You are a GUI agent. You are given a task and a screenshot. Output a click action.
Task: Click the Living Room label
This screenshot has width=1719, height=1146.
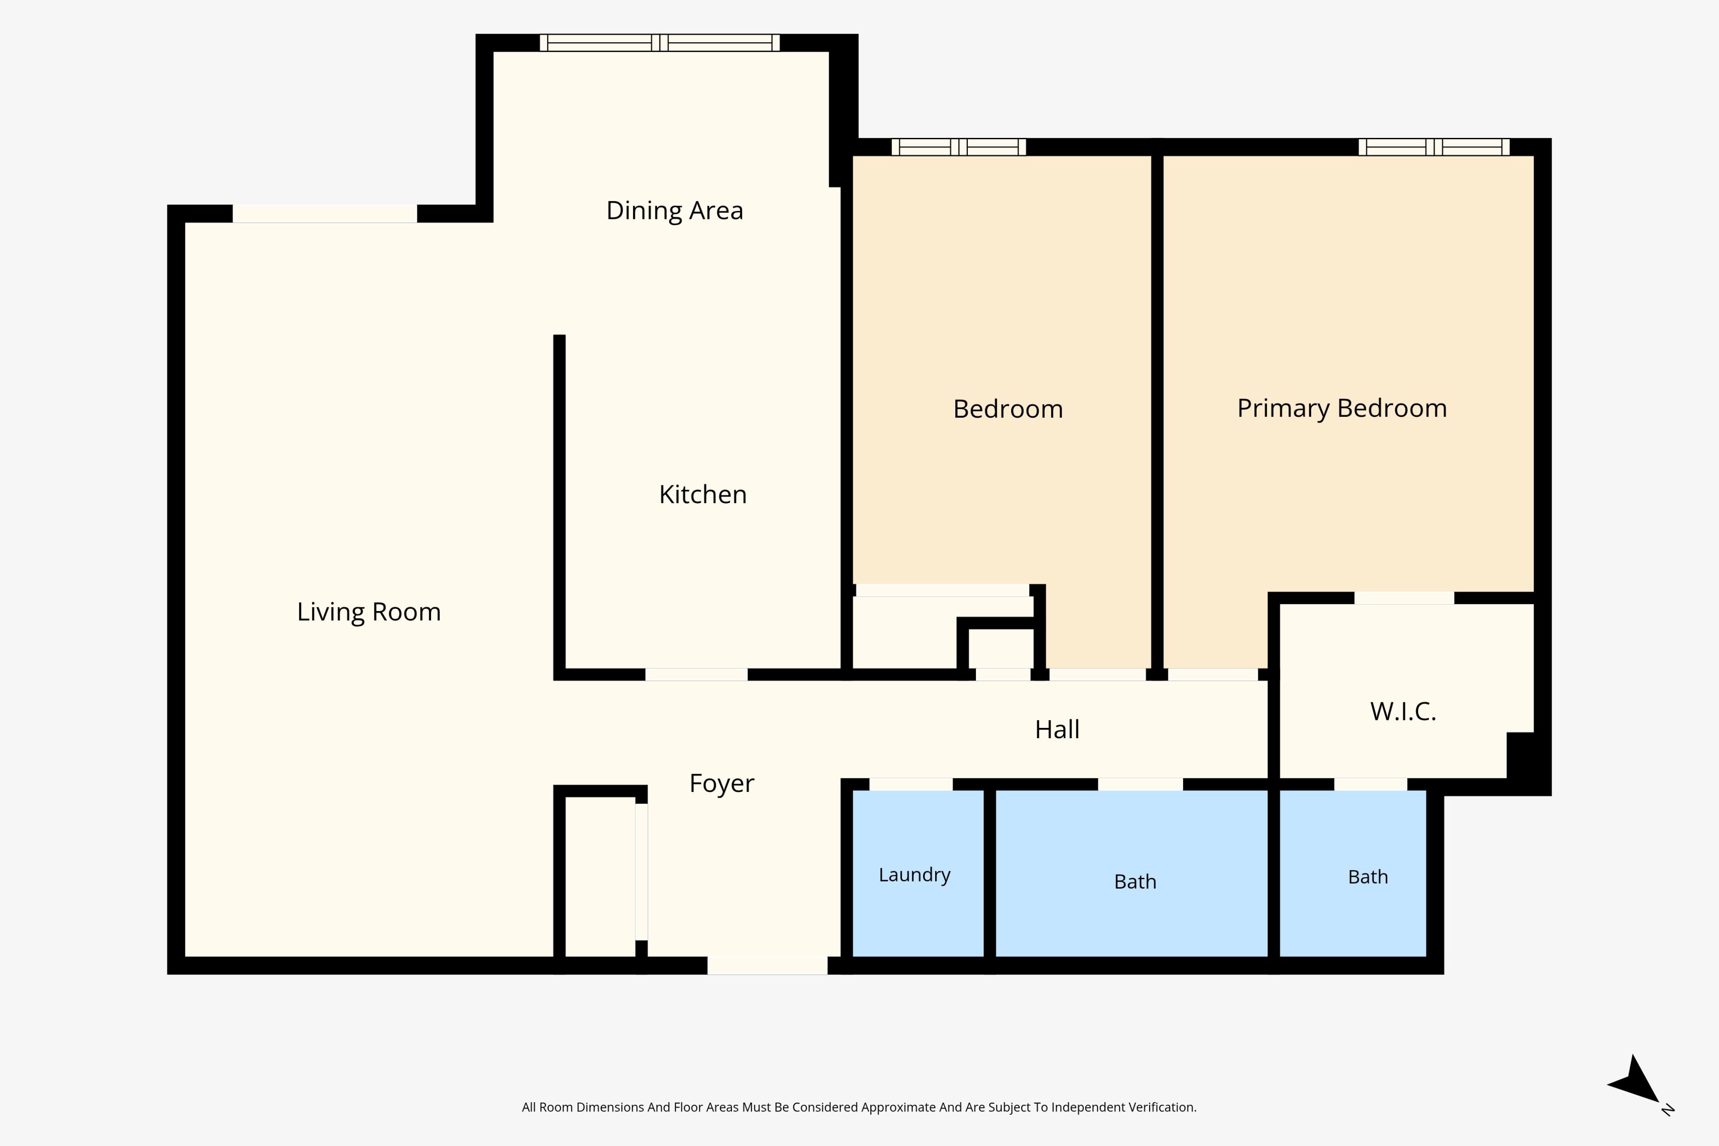pyautogui.click(x=369, y=612)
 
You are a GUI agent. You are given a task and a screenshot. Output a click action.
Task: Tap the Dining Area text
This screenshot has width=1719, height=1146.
pyautogui.click(x=675, y=210)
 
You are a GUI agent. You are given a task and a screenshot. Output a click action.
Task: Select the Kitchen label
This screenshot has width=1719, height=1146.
pyautogui.click(x=703, y=495)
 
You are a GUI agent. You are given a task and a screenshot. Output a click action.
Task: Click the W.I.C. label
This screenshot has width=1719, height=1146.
pyautogui.click(x=1403, y=711)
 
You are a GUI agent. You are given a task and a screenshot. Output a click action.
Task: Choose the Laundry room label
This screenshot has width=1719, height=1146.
pyautogui.click(x=914, y=875)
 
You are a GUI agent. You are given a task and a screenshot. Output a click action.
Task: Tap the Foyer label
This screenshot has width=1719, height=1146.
pyautogui.click(x=722, y=783)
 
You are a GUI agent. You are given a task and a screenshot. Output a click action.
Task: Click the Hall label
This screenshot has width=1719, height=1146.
pyautogui.click(x=1057, y=729)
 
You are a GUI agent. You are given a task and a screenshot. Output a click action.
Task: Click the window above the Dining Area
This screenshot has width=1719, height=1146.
pyautogui.click(x=660, y=43)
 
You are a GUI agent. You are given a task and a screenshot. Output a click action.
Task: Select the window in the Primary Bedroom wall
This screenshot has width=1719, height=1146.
pyautogui.click(x=1434, y=147)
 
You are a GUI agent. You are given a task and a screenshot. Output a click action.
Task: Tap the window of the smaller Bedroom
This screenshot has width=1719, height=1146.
pyautogui.click(x=958, y=147)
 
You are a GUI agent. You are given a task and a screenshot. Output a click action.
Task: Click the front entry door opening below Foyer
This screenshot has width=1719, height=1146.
pyautogui.click(x=767, y=966)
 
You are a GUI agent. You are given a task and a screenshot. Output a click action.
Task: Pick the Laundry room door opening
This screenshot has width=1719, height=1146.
pyautogui.click(x=911, y=784)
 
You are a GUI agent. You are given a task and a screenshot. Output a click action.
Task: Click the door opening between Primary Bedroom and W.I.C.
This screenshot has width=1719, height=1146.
pyautogui.click(x=1404, y=598)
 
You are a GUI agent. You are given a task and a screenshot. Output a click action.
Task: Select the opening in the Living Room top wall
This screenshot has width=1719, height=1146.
pyautogui.click(x=325, y=214)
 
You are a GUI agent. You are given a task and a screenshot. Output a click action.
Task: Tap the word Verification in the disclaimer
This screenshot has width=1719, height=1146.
pyautogui.click(x=1162, y=1107)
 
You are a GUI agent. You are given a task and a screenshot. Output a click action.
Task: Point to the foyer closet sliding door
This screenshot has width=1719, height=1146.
pyautogui.click(x=641, y=872)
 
